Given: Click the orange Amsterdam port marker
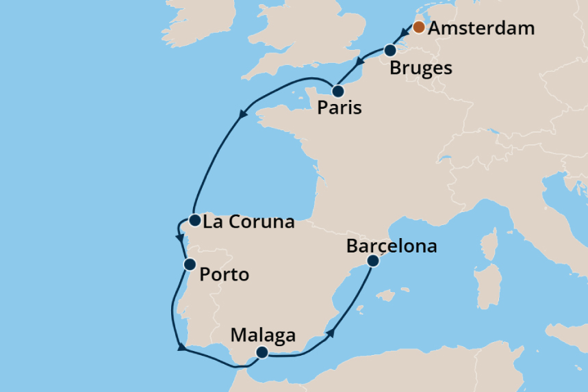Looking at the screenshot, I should click(x=418, y=28).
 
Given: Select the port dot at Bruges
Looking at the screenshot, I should click(x=390, y=50).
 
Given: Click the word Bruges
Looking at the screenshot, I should click(x=421, y=68).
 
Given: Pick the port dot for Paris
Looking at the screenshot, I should click(x=337, y=91).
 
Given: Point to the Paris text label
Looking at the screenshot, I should click(x=340, y=109).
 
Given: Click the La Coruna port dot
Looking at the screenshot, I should click(x=194, y=220).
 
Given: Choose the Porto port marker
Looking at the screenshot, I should click(x=189, y=264).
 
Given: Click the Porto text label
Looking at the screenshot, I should click(x=224, y=276).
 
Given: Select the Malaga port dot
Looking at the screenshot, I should click(x=261, y=352).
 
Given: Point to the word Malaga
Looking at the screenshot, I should click(x=264, y=336).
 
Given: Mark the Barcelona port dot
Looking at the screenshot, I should click(x=373, y=261).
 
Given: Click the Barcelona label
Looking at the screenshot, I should click(x=392, y=246).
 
